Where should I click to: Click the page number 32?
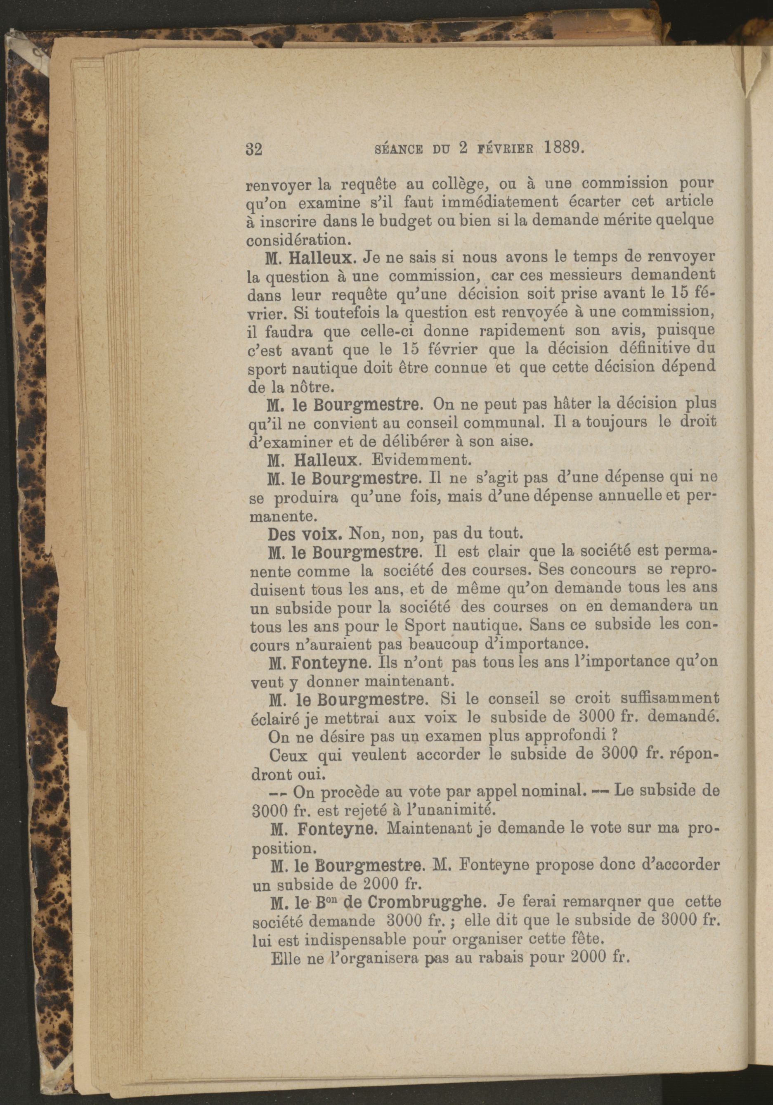(x=253, y=149)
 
